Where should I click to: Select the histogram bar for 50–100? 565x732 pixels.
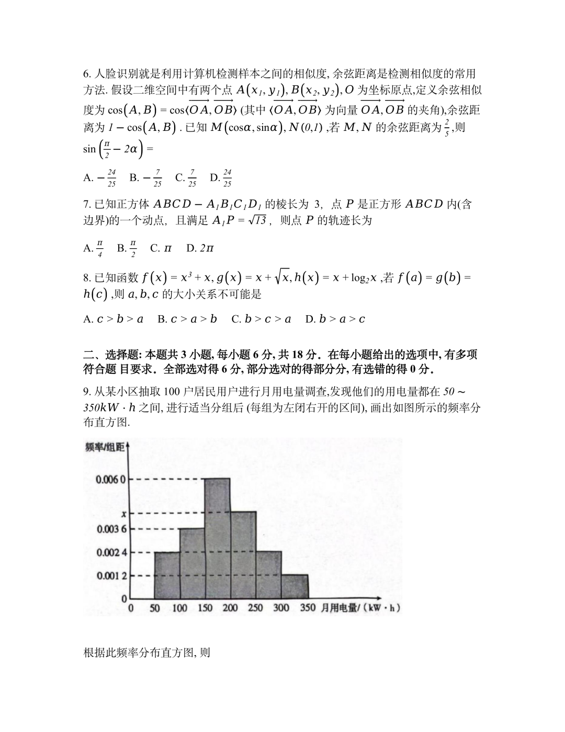pos(167,575)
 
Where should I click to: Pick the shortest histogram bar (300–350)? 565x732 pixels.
pos(295,586)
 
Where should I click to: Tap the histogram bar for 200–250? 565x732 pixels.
pos(243,555)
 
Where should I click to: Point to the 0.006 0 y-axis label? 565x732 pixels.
pos(111,480)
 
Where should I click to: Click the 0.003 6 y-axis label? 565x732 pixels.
pos(111,529)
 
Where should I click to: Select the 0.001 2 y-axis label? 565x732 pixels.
pos(111,575)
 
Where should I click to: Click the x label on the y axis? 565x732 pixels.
pos(123,514)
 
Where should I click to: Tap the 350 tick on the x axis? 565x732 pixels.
pos(308,608)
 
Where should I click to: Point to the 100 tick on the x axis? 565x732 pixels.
pos(179,608)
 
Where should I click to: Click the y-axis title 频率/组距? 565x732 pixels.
pos(105,447)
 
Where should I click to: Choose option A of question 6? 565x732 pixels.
pos(100,178)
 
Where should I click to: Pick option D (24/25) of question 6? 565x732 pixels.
pos(221,178)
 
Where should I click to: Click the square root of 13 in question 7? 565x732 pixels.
pos(257,220)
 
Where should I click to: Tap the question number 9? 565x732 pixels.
pos(87,391)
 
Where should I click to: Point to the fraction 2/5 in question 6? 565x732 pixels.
pos(446,126)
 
